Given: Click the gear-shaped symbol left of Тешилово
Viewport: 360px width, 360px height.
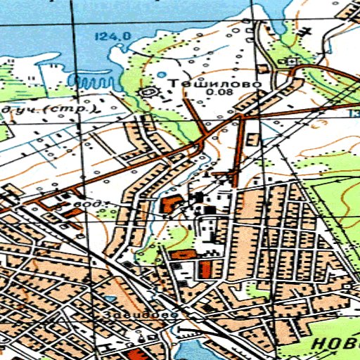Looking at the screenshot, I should [148, 91].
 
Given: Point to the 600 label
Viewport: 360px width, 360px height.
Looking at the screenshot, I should [90, 204].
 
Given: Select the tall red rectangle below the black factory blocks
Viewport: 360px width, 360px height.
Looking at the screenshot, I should [205, 268].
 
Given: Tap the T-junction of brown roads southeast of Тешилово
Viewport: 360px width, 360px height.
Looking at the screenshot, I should [243, 117].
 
